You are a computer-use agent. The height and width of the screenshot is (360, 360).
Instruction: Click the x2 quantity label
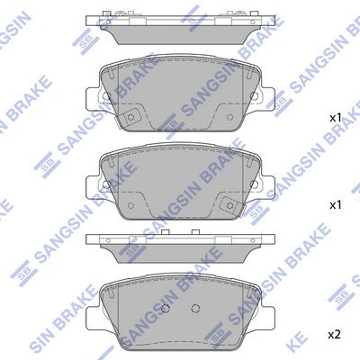point(335,334)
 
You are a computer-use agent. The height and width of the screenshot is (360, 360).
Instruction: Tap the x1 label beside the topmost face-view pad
point(336,118)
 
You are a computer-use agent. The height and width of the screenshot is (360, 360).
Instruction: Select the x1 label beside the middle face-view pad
point(336,205)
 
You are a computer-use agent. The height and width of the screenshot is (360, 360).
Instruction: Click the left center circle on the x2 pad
point(166,308)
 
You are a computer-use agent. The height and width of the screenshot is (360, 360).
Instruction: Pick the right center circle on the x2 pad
point(195,308)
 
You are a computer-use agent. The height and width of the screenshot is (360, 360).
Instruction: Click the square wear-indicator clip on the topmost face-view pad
point(130,117)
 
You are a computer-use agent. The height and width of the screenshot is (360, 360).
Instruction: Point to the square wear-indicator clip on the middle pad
point(230,205)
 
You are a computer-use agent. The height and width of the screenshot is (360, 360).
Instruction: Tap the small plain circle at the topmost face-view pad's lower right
point(230,117)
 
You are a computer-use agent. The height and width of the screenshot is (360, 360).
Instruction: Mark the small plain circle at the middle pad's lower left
point(130,205)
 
